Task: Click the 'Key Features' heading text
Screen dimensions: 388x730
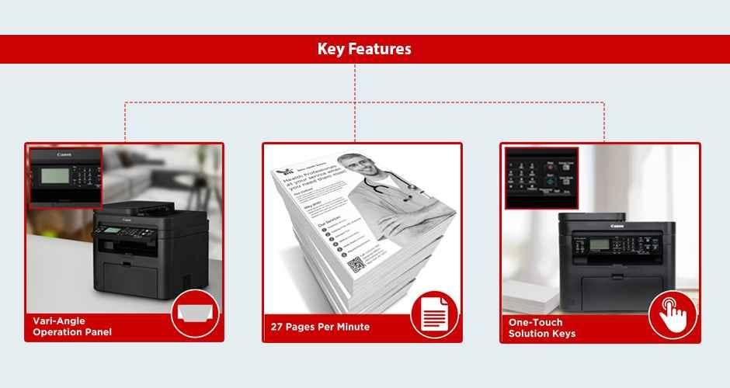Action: click(364, 49)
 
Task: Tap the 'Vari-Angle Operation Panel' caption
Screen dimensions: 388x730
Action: click(72, 326)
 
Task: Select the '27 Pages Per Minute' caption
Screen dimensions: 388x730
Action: click(320, 327)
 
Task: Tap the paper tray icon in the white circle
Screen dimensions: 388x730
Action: click(195, 314)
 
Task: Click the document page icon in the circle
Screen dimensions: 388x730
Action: click(434, 314)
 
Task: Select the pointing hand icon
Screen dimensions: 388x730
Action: click(673, 314)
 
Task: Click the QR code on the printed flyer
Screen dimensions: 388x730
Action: click(356, 264)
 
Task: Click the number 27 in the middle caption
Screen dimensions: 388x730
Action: click(277, 327)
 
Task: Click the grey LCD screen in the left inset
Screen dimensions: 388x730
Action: click(55, 175)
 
